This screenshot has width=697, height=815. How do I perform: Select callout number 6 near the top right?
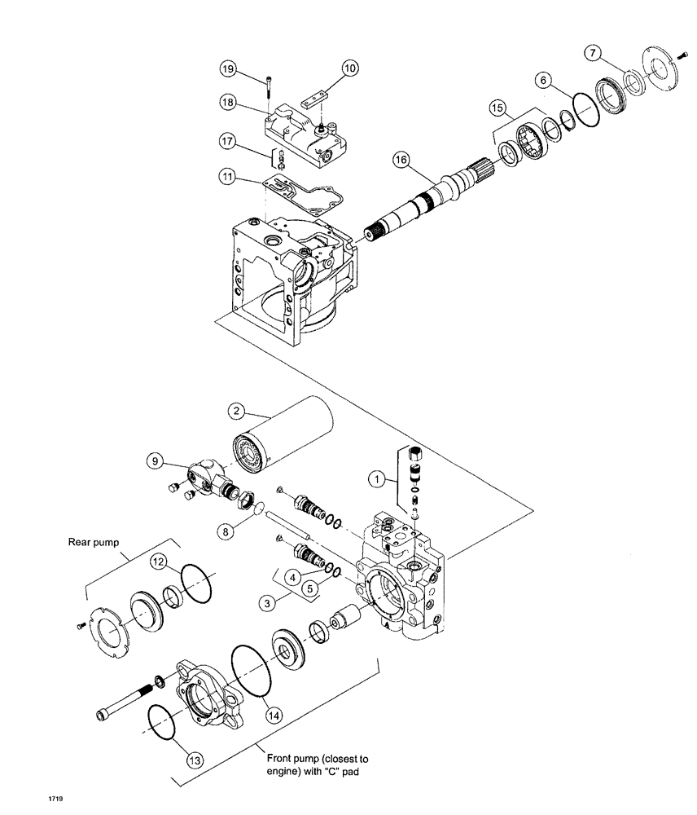pos(540,81)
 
